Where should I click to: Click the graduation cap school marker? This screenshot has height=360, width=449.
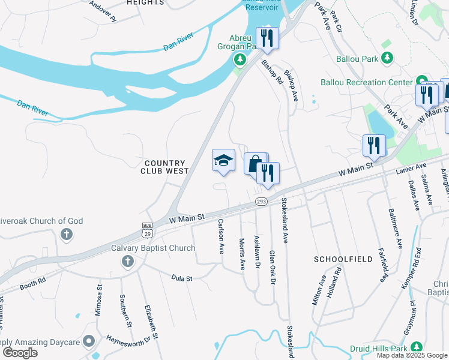pyautogui.click(x=223, y=161)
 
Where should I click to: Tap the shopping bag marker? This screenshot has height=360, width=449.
pyautogui.click(x=255, y=163)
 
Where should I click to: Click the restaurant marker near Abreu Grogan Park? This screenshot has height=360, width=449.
pyautogui.click(x=267, y=38)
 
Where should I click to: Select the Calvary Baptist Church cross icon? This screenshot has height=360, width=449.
pyautogui.click(x=127, y=261)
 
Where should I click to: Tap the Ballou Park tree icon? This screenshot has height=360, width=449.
pyautogui.click(x=388, y=58)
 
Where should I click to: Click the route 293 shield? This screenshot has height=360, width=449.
pyautogui.click(x=261, y=202)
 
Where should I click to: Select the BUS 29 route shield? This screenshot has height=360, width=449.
pyautogui.click(x=148, y=228)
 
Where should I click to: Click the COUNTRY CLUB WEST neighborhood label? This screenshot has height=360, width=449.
pyautogui.click(x=165, y=167)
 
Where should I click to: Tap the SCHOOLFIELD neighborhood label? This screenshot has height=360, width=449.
pyautogui.click(x=336, y=259)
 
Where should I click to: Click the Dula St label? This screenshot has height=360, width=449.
pyautogui.click(x=181, y=278)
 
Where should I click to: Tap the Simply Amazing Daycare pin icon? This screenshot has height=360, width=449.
pyautogui.click(x=89, y=341)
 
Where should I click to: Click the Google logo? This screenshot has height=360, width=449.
pyautogui.click(x=20, y=353)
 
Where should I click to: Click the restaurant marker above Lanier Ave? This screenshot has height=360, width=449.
pyautogui.click(x=373, y=145)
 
